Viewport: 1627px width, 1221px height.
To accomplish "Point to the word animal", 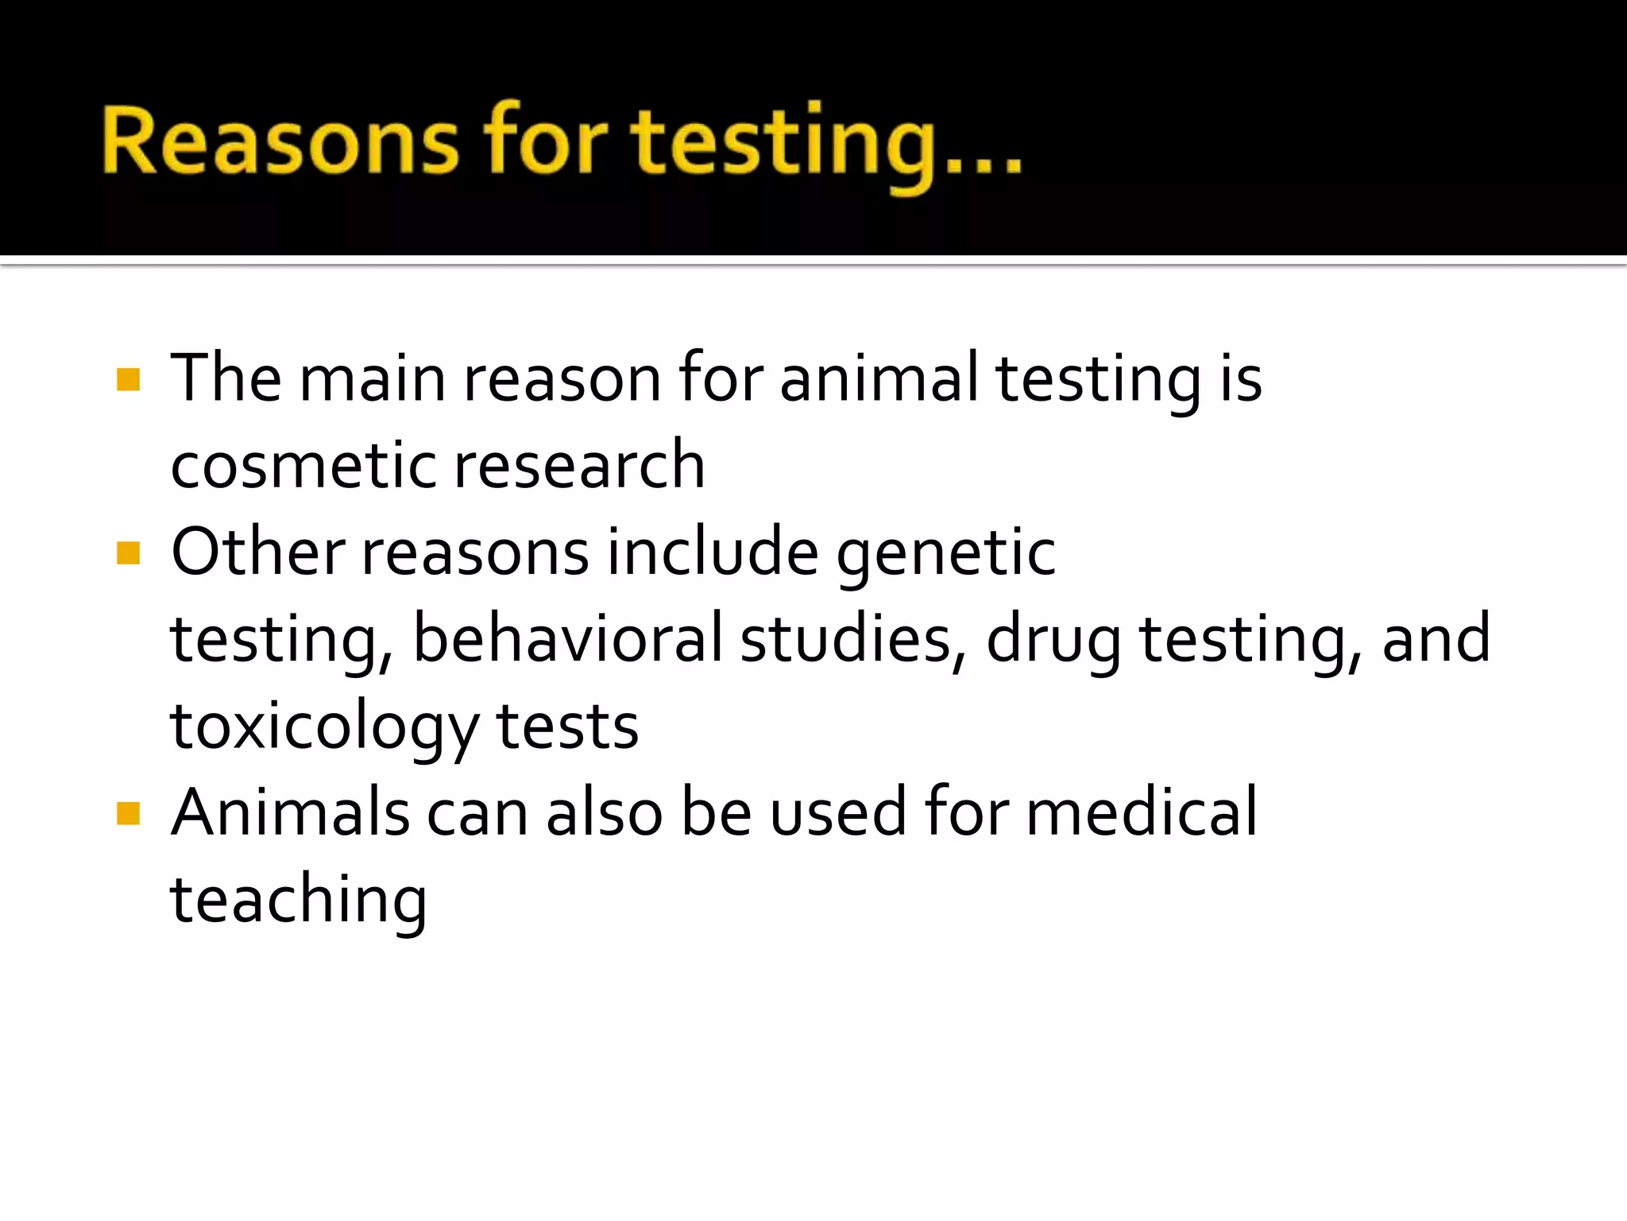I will (879, 378).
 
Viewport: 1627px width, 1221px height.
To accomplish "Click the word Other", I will (258, 552).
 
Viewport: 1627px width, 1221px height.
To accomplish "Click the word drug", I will (1053, 641).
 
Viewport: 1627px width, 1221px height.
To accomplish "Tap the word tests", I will (567, 727).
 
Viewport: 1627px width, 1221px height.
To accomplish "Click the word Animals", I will (290, 812).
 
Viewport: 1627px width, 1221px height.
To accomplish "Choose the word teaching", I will (299, 901).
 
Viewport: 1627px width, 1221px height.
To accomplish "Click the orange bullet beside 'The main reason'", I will (128, 379).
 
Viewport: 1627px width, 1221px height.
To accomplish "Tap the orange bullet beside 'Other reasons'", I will (128, 552).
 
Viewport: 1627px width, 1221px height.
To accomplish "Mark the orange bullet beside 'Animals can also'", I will (128, 813).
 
